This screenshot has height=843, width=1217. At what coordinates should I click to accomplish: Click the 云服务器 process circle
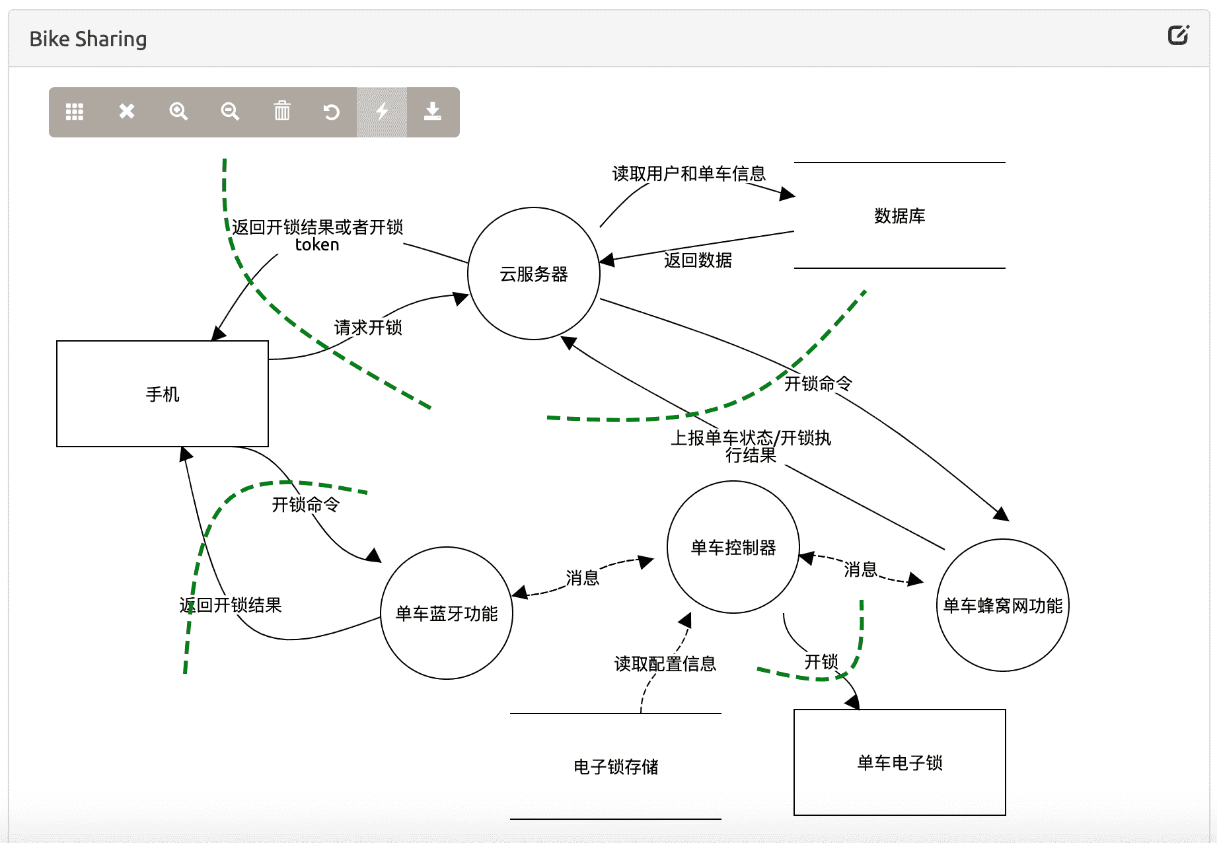coord(534,274)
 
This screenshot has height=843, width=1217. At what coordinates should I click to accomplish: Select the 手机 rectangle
coord(163,394)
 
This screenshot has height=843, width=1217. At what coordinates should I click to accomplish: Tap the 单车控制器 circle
coord(733,547)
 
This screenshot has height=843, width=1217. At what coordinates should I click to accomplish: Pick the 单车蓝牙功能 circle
coord(447,613)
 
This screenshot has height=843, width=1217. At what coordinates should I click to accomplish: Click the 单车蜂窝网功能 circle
coord(1002,605)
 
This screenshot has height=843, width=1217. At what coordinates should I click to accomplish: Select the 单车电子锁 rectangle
coord(899,762)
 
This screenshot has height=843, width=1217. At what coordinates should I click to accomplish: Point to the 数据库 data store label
coord(899,216)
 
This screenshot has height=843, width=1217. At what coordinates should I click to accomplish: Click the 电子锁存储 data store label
coord(616,766)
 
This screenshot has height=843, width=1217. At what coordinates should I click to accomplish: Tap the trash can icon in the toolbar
coord(282,111)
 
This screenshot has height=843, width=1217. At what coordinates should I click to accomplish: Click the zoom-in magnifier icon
coord(178,111)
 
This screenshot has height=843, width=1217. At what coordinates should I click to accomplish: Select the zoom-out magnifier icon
coord(230,111)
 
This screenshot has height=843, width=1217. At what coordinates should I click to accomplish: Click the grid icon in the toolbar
coord(75,111)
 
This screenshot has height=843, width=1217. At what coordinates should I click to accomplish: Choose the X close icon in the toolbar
coord(127,111)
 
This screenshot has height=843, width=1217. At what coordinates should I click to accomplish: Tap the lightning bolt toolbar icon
coord(382,111)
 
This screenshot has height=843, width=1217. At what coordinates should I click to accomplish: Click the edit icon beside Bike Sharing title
coord(1178,35)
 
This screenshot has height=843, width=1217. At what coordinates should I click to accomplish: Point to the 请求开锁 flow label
coord(368,328)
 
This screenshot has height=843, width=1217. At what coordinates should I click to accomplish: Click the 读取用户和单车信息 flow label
coord(688,174)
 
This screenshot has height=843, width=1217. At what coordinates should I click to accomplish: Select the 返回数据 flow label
coord(698,260)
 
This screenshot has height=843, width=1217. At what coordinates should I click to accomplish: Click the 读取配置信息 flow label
coord(665,663)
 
